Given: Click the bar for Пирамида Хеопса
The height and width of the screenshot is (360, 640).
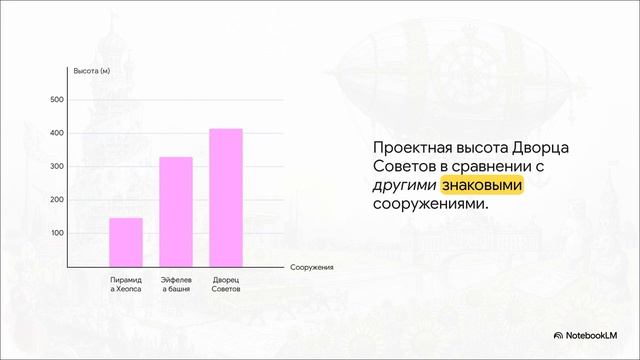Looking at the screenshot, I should point(126,242).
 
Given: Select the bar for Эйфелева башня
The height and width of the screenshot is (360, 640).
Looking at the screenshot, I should point(176,212).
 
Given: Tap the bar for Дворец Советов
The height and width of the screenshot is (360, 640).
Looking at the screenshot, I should point(226,198).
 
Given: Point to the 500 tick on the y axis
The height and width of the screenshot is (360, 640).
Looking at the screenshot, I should point(56,100).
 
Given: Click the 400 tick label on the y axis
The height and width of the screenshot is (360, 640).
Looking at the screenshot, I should point(56,133).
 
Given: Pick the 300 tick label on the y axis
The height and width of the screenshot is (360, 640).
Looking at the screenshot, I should point(56,166).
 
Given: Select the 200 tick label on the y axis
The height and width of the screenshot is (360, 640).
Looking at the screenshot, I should point(56,200).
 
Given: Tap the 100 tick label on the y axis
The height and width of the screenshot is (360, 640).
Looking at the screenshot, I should point(56,233).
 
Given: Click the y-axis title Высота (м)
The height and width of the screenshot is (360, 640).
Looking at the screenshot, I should point(92,71).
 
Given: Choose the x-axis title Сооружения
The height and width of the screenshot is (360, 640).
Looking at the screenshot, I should point(312,268).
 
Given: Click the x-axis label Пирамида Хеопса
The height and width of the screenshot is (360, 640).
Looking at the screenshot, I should point(126,284).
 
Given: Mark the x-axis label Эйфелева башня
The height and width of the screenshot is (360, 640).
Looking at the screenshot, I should point(176,284).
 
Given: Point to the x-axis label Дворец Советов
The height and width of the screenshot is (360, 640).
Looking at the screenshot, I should point(226,284).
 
